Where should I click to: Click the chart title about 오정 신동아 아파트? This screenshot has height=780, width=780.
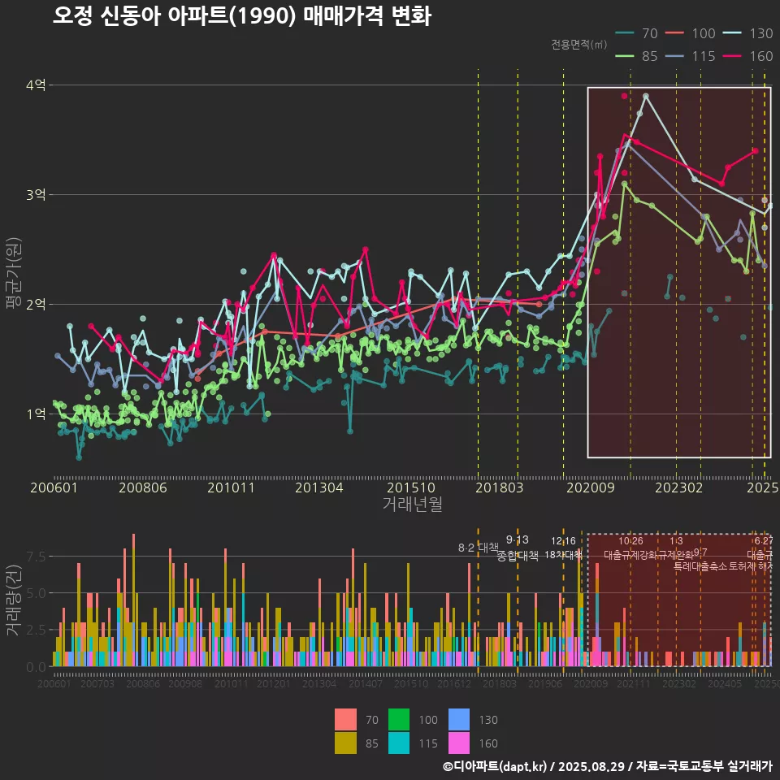coord(241,16)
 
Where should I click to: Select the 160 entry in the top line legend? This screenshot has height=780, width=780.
coord(750,56)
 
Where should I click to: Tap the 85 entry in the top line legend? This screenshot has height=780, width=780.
coord(638,56)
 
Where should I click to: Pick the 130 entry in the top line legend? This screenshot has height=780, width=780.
coord(750,33)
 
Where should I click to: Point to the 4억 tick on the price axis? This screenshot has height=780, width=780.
coord(36,85)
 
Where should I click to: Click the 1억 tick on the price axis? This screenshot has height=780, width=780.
coord(36,414)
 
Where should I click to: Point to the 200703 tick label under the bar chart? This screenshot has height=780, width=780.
coord(97,685)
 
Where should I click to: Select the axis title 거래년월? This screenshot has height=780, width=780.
coord(412,505)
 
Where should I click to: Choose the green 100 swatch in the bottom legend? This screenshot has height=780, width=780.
coord(398,720)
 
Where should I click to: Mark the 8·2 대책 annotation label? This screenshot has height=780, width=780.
coord(479,548)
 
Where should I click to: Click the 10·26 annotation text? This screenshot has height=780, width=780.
coord(630,541)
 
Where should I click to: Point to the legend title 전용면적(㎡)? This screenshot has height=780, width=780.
coord(583,44)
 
